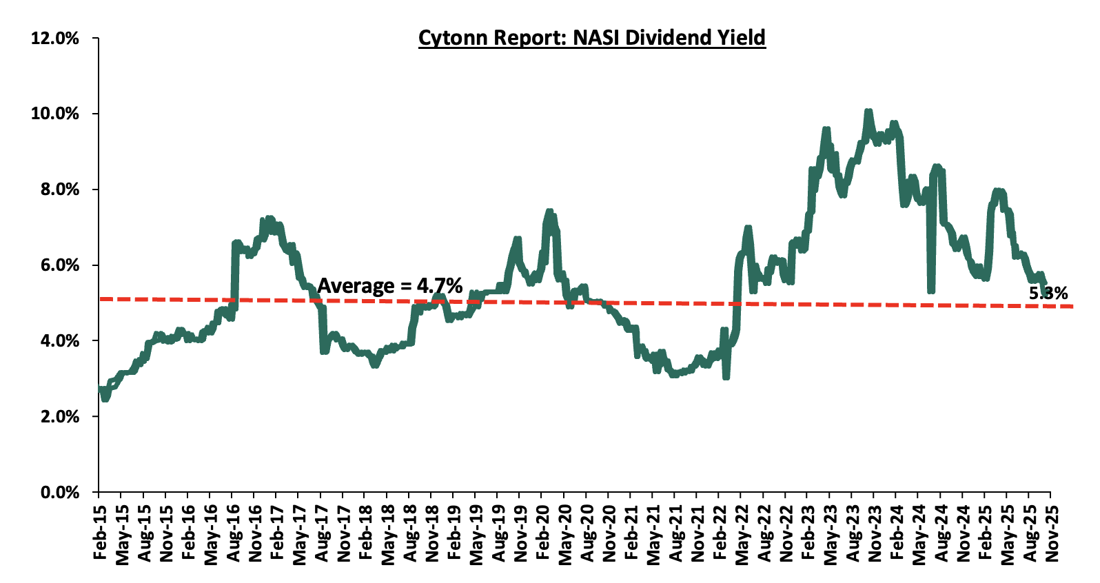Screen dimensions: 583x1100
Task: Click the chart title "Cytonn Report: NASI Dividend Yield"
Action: tap(591, 37)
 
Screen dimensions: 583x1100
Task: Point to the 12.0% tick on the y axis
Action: tap(55, 39)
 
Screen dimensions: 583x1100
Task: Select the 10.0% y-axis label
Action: tap(55, 114)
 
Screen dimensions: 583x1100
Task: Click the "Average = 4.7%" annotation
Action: tap(389, 285)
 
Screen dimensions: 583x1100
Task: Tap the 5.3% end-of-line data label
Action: tap(1048, 294)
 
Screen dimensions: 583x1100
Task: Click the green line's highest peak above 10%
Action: tap(868, 112)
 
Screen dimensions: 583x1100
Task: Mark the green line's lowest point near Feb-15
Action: tap(105, 398)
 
